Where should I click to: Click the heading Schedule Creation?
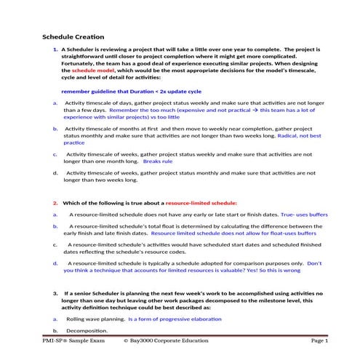point(73,36)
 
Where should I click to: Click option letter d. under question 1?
point(55,173)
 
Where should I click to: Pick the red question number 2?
point(55,203)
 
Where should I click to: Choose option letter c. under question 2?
point(55,245)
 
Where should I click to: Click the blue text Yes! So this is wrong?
point(240,270)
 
